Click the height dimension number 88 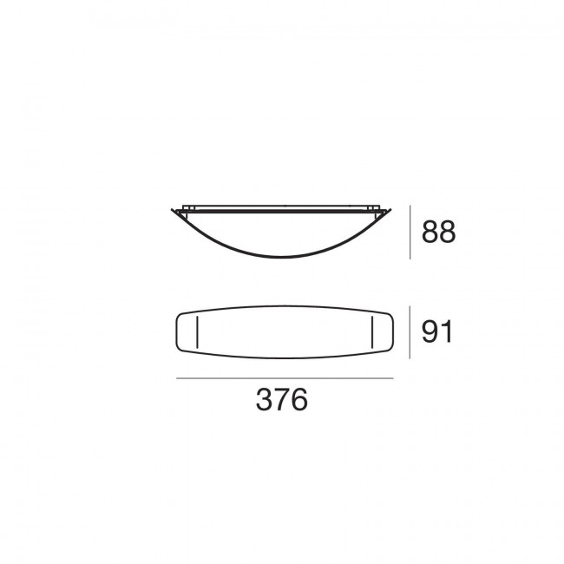438,233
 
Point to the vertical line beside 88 410,233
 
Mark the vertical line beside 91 410,331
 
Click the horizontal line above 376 285,378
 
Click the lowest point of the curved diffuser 284,258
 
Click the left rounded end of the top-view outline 177,332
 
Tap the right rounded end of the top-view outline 392,332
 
